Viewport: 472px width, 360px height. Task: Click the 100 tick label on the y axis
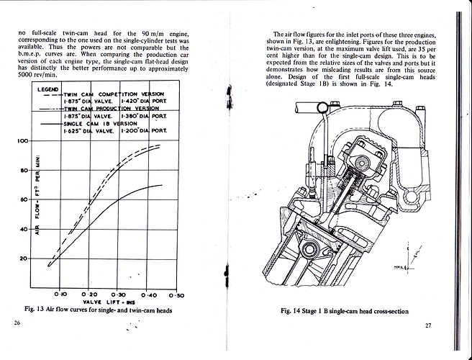[22, 141]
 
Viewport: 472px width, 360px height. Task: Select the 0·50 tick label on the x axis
[176, 295]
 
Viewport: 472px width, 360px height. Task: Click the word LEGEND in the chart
[47, 89]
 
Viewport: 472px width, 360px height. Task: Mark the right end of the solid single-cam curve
[160, 185]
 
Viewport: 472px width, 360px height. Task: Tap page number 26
[17, 324]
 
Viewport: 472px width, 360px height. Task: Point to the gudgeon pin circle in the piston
[312, 251]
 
